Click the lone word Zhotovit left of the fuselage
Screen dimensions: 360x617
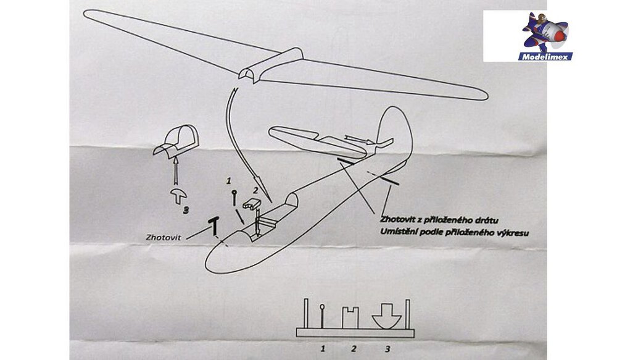pos(164,237)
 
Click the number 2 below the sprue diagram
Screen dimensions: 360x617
pos(354,349)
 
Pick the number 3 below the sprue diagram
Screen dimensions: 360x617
pos(387,349)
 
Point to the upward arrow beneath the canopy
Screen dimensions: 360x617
pos(177,169)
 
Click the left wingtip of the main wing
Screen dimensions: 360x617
pos(90,14)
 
